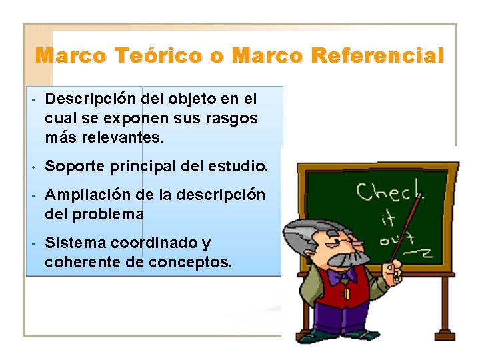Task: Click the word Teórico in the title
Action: [x=158, y=55]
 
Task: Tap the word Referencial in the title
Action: [x=377, y=55]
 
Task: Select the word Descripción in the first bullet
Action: [x=92, y=99]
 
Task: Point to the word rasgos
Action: [x=235, y=118]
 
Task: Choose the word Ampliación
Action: [x=88, y=195]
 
